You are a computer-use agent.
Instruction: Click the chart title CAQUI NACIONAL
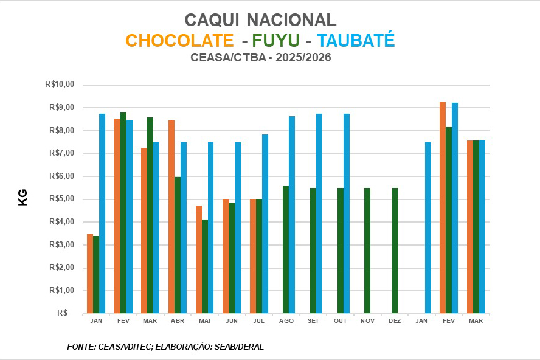pos(260,20)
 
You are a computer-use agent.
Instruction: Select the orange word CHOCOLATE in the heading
pos(179,41)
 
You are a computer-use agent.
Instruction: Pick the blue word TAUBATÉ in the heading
pos(356,41)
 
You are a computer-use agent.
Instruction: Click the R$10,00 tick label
pos(59,85)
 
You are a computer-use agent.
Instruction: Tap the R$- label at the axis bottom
pos(63,313)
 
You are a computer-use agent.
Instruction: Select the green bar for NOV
pos(367,251)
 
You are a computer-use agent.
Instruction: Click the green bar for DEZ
pos(395,251)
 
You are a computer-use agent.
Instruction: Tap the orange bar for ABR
pos(171,217)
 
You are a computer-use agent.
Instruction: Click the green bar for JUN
pos(232,258)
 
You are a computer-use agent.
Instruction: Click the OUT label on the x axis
pos(341,320)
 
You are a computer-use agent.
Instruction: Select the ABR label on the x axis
pos(178,320)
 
